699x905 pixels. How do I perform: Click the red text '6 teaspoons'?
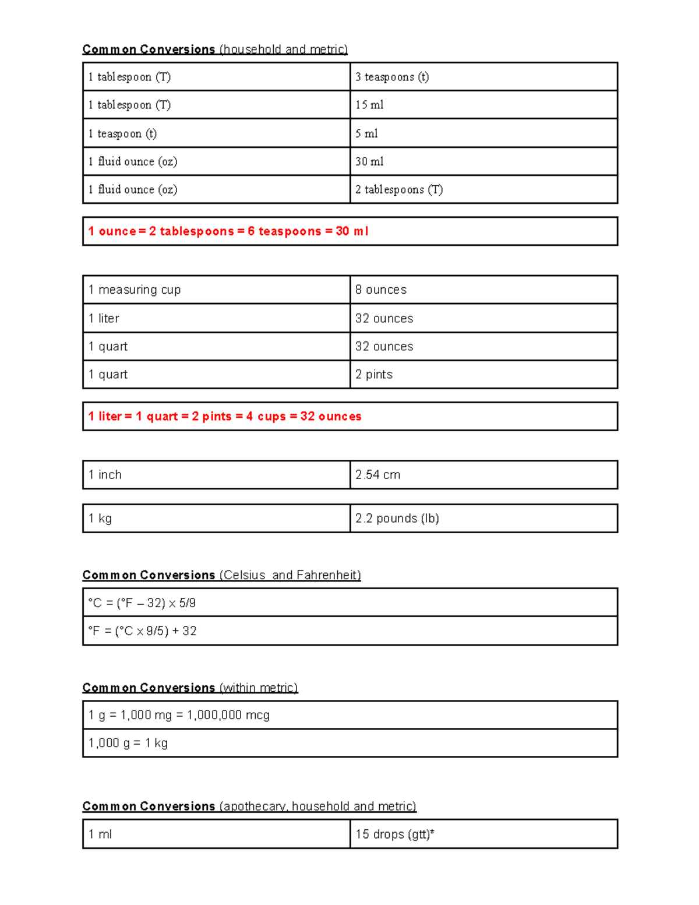click(284, 231)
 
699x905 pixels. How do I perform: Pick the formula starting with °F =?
click(142, 631)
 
